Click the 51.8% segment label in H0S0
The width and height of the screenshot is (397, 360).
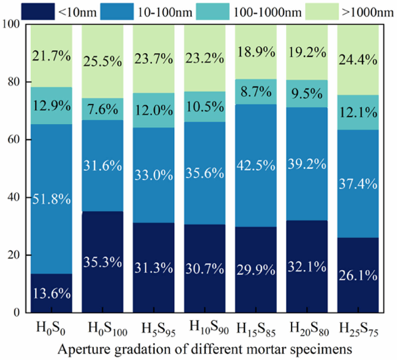tap(51, 199)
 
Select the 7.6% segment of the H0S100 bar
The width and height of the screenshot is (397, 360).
tap(102, 109)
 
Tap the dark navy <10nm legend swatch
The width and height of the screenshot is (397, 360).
tap(38, 12)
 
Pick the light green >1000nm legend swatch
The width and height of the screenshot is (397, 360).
tap(322, 12)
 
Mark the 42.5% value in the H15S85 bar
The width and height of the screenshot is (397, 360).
tap(256, 165)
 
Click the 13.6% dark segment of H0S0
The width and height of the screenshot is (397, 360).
tap(51, 293)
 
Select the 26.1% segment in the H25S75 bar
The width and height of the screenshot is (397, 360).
tap(358, 276)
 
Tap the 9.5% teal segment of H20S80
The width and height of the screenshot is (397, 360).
tap(307, 94)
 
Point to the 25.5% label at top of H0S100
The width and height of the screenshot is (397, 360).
tap(102, 62)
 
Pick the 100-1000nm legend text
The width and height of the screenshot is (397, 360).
tap(267, 12)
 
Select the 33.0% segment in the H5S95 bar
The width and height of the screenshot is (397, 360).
tap(154, 175)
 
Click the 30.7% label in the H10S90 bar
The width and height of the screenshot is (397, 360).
tap(205, 269)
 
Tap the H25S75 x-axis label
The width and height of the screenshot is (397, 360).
tap(359, 329)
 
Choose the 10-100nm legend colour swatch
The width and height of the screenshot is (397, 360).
tap(117, 12)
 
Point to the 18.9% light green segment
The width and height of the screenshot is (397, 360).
tap(256, 52)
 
